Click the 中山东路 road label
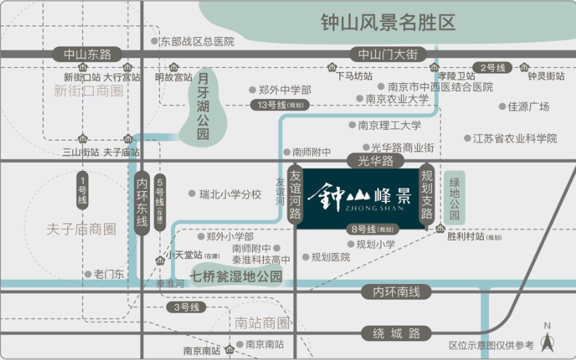87,55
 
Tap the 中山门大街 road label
388,55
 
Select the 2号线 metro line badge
493,67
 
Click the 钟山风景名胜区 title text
388,22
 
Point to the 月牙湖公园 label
203,106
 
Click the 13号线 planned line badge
280,105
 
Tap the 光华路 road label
375,161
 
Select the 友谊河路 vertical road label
295,194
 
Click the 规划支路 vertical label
427,194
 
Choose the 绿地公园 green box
454,198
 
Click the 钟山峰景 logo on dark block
359,198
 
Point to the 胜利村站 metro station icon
440,229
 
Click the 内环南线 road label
396,292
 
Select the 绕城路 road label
396,334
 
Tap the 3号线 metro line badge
186,307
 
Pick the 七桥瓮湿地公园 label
236,277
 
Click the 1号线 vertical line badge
82,190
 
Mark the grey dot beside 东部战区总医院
155,41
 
